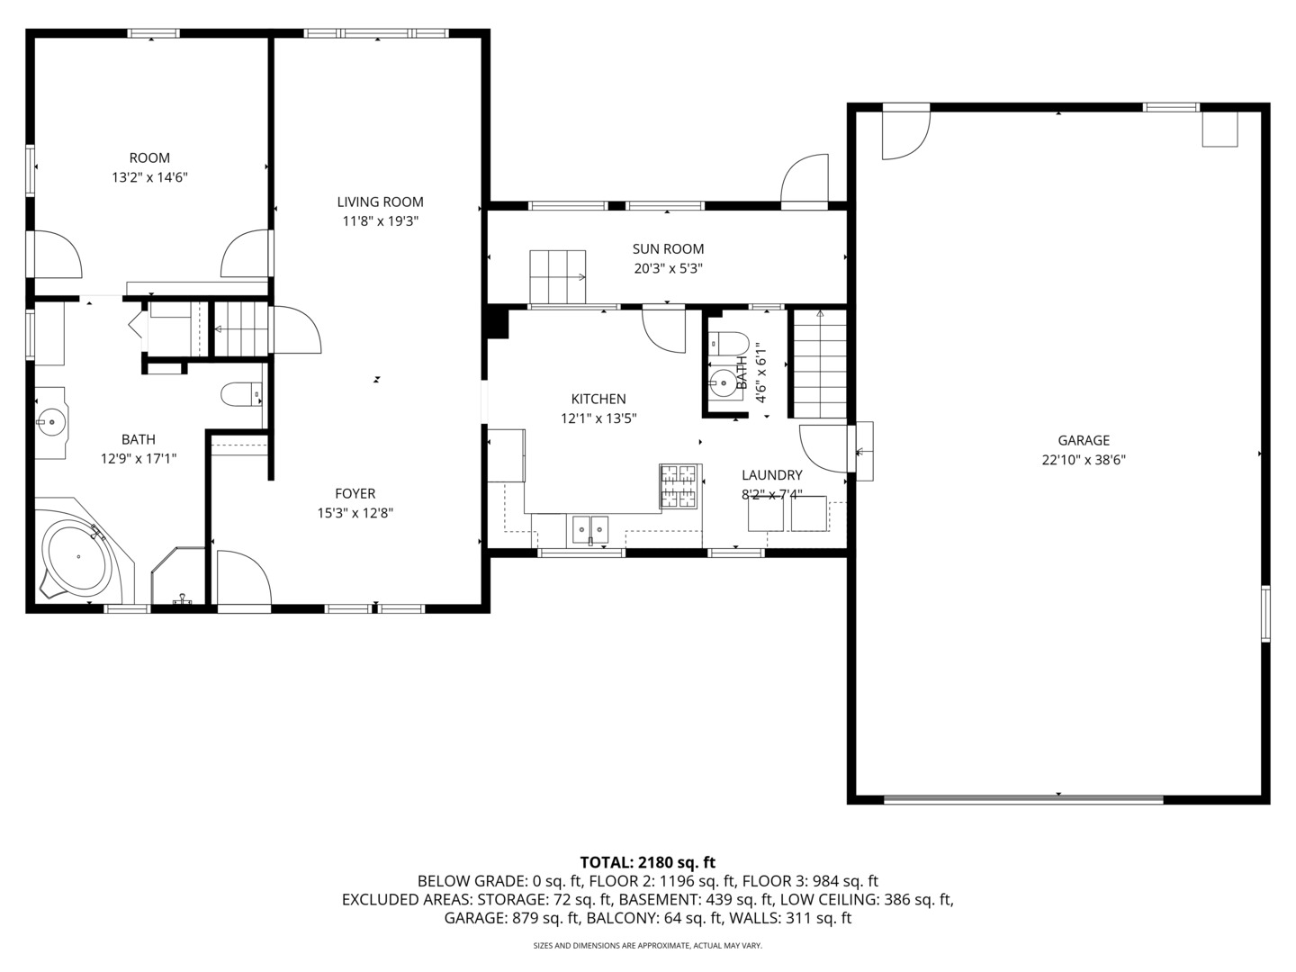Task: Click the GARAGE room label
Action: (x=1083, y=440)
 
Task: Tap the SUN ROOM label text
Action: (x=668, y=248)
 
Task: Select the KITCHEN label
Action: (x=598, y=399)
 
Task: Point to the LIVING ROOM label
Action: (x=380, y=202)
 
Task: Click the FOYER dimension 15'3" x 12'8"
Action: (x=355, y=513)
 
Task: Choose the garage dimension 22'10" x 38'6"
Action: (x=1083, y=460)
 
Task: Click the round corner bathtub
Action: (x=76, y=557)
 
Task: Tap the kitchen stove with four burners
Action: (x=679, y=486)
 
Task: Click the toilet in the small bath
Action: (x=729, y=344)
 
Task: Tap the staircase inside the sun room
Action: (x=557, y=277)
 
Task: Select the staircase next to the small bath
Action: (x=819, y=364)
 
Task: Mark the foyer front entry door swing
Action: (x=242, y=580)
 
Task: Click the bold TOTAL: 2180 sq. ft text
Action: (x=647, y=862)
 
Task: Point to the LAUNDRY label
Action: (x=771, y=475)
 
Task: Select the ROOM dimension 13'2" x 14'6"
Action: (x=149, y=178)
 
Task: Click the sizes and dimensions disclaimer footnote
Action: (x=647, y=946)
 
